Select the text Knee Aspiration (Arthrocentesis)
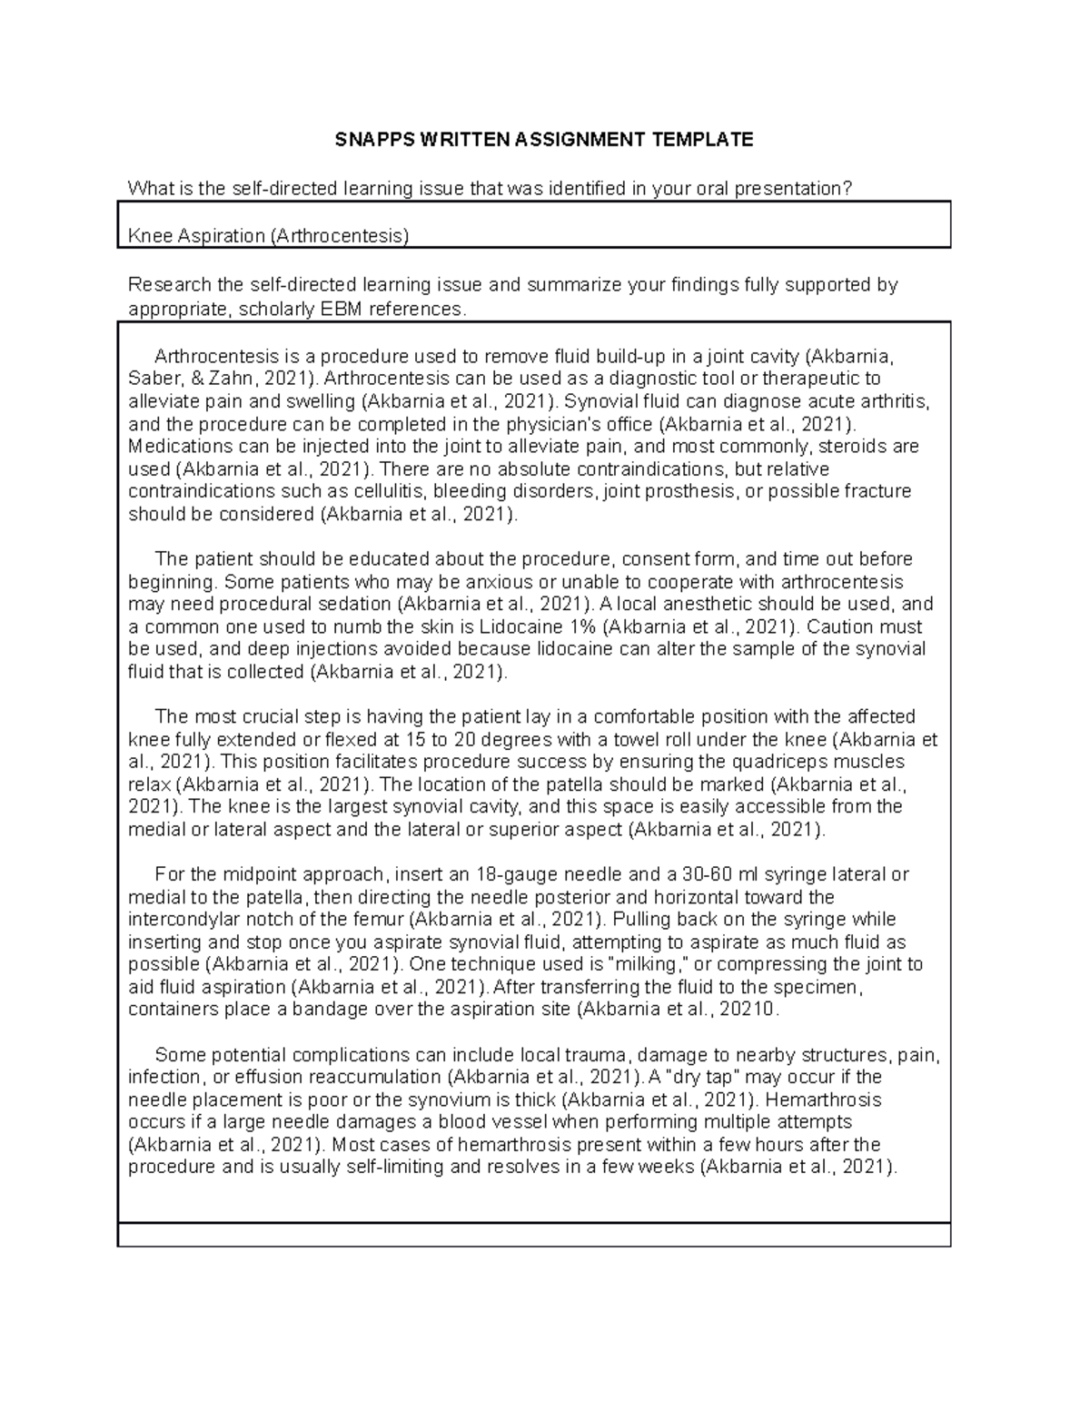[x=269, y=236]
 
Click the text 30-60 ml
[x=723, y=874]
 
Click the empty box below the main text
[x=534, y=1235]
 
